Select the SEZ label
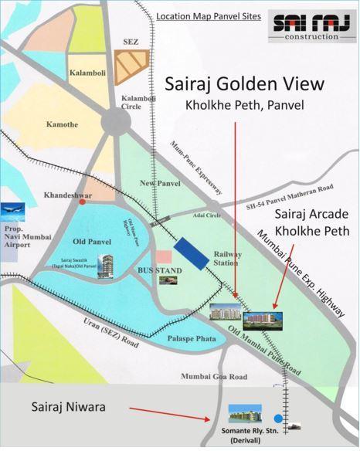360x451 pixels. click(x=130, y=43)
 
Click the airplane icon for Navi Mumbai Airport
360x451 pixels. click(x=13, y=210)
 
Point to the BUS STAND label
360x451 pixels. click(x=161, y=271)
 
